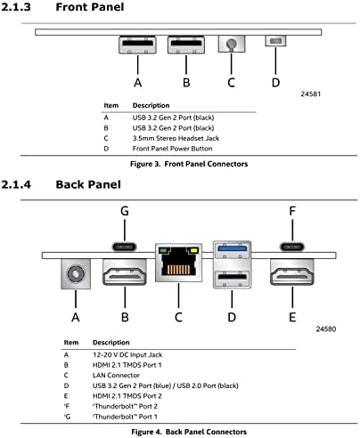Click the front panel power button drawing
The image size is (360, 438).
coord(275,41)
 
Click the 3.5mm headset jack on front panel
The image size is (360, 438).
coord(232,44)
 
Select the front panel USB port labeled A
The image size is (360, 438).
coord(138,45)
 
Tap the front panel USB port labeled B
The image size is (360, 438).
coord(186,45)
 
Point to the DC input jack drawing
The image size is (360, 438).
coord(76,273)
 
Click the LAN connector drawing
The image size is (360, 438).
coord(178,263)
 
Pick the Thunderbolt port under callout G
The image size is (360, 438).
coord(125,247)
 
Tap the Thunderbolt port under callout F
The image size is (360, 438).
coord(292,247)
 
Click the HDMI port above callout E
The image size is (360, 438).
coord(292,272)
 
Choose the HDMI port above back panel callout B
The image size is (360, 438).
coord(125,272)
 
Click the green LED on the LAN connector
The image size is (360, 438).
coord(163,250)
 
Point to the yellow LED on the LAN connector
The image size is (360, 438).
coord(193,250)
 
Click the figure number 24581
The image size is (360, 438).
coord(311,94)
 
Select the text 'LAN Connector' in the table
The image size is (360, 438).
coord(116,376)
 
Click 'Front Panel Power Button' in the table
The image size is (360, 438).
coord(172,149)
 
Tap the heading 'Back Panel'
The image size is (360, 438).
coord(88,184)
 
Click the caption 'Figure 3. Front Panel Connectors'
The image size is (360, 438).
coord(189,164)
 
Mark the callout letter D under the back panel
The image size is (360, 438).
coord(232,317)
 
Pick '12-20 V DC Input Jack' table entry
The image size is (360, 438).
coord(127,355)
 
